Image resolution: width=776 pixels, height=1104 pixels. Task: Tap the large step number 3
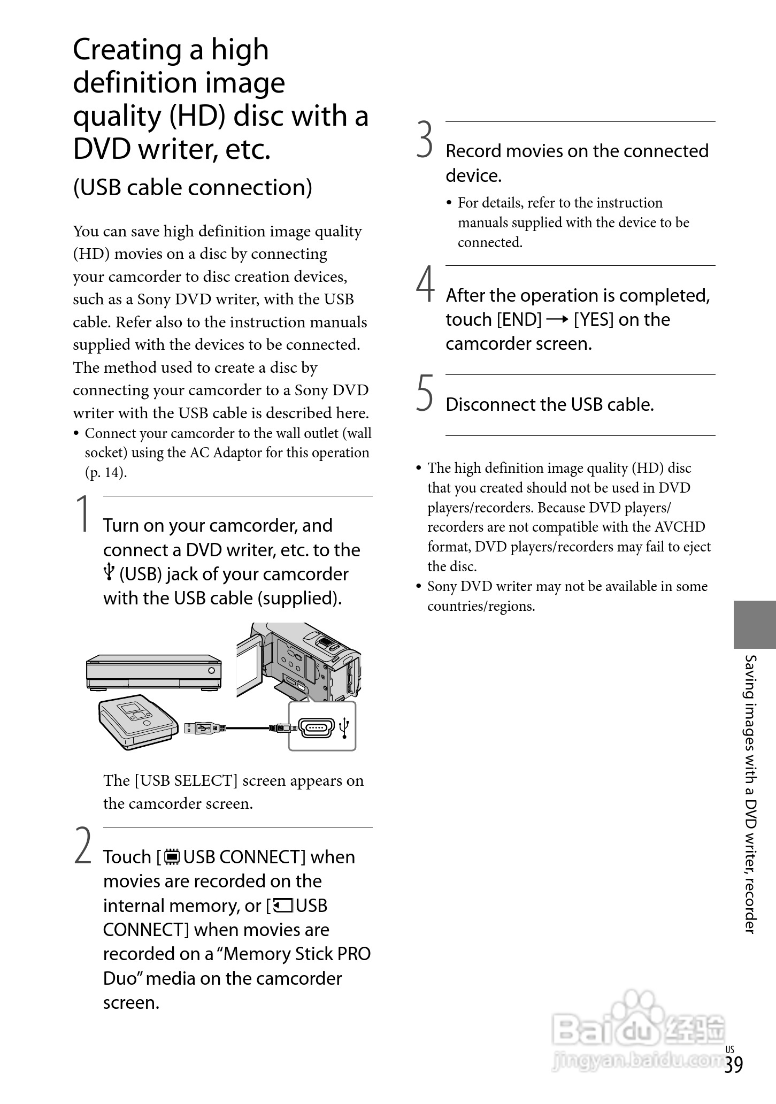tap(425, 140)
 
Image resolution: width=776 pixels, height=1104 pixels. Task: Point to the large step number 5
tap(425, 393)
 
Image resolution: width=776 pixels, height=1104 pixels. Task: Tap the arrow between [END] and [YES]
tap(558, 320)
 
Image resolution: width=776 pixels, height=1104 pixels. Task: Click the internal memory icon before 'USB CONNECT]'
tap(172, 857)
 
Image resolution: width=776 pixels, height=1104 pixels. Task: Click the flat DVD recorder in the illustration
tap(153, 672)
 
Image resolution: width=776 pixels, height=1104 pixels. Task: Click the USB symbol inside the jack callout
tap(345, 727)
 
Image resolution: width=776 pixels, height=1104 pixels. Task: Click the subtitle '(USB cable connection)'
tap(193, 187)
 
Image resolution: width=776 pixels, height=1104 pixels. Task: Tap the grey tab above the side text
tap(754, 624)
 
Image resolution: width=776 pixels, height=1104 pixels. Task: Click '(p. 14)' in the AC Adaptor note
tap(106, 473)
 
